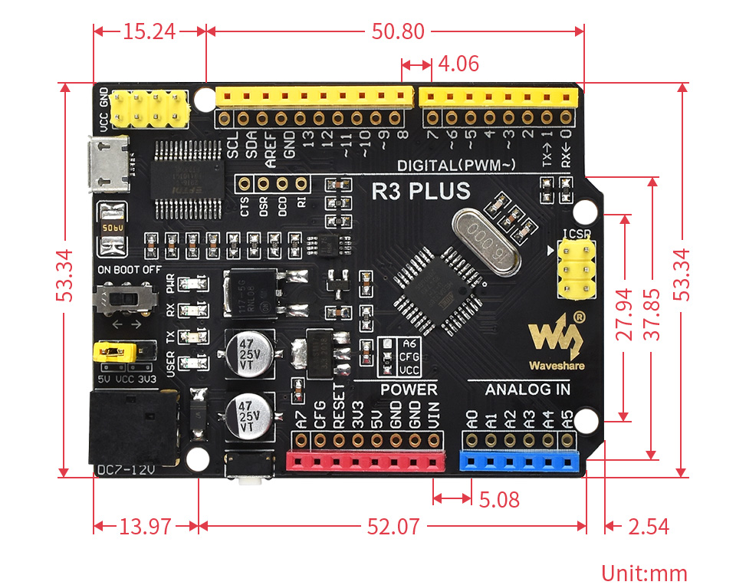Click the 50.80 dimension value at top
[x=398, y=31]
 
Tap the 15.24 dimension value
[x=149, y=31]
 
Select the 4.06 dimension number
[x=458, y=64]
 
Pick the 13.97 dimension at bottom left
[x=145, y=527]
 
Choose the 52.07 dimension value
[x=393, y=527]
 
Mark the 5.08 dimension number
[x=499, y=500]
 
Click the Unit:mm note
[x=644, y=573]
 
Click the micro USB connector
[x=107, y=164]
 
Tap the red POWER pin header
[x=365, y=460]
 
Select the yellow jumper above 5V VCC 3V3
[x=114, y=352]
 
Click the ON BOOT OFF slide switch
[x=126, y=297]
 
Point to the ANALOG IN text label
[x=527, y=389]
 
